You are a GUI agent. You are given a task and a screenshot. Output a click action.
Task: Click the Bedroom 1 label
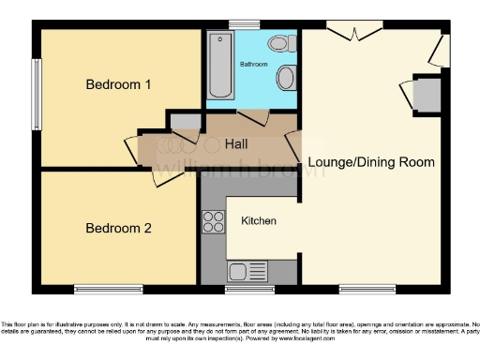tap(118, 84)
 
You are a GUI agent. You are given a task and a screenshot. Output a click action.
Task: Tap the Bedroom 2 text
tap(118, 228)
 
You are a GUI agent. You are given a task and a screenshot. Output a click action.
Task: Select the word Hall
tap(236, 144)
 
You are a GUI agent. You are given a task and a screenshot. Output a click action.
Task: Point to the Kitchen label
tap(258, 221)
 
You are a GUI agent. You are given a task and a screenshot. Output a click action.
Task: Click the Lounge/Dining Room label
tap(371, 162)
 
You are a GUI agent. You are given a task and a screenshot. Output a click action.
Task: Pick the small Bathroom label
tap(253, 65)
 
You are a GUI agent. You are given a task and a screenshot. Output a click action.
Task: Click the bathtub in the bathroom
tap(220, 66)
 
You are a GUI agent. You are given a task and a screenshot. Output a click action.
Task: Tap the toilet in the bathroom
tap(280, 44)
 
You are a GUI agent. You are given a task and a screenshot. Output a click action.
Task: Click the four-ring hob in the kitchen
tap(213, 222)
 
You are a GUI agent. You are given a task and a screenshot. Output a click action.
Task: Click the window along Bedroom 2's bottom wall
tap(102, 288)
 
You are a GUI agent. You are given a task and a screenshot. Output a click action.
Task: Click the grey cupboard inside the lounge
tap(426, 93)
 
